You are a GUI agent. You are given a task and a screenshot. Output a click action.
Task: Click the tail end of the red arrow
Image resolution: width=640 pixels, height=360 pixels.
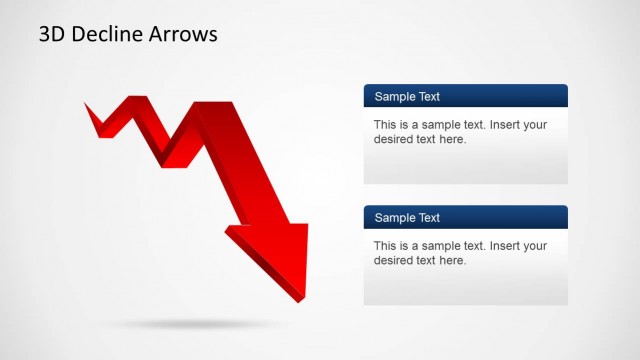pos(90,108)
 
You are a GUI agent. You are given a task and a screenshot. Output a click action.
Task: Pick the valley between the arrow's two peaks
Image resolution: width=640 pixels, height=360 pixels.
pos(165,160)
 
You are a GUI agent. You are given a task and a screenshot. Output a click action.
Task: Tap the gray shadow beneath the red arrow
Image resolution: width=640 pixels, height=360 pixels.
pos(190,324)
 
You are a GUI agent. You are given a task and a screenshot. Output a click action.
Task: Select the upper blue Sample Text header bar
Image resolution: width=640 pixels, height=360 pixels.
pos(465,96)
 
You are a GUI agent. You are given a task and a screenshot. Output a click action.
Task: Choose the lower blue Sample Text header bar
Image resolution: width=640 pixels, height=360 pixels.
pos(465,217)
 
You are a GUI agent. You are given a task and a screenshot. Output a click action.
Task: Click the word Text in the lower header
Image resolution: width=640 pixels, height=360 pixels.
pos(429,218)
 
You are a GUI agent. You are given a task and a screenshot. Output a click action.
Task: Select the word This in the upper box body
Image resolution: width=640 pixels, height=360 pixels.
pos(386,125)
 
